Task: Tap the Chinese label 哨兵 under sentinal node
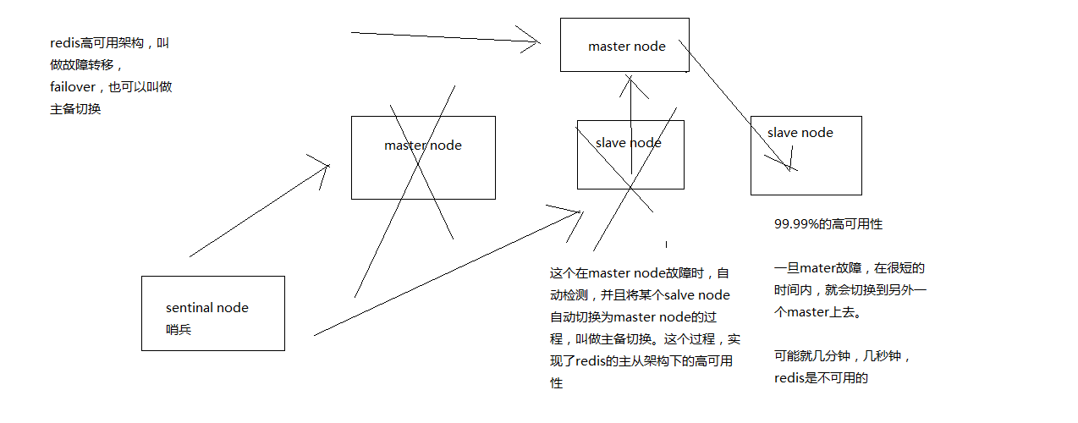tap(179, 329)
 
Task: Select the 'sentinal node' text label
tap(207, 308)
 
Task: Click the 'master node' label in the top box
tap(627, 47)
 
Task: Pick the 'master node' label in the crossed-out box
tap(423, 146)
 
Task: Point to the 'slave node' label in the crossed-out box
tap(629, 143)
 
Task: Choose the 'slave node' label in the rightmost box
tap(800, 133)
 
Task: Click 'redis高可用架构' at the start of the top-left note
tap(97, 43)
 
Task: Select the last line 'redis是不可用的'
tap(821, 378)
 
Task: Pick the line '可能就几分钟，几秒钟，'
tap(843, 356)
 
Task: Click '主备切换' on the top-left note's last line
tap(75, 109)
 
